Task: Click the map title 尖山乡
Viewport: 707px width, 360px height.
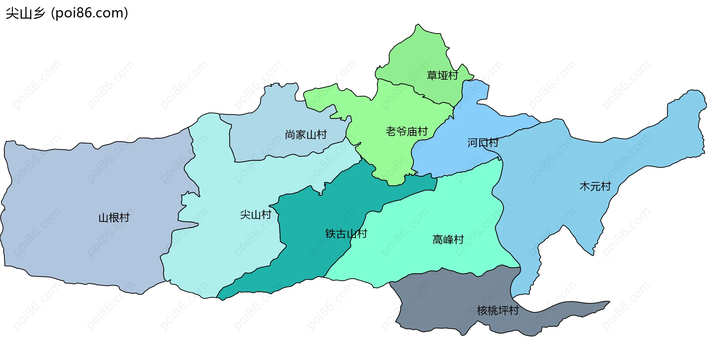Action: (x=25, y=13)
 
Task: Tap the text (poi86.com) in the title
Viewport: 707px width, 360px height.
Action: (x=89, y=13)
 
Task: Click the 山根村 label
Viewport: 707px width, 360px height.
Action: (x=114, y=218)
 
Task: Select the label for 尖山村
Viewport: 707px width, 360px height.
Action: (x=256, y=214)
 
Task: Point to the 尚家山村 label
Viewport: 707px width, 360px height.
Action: (x=306, y=135)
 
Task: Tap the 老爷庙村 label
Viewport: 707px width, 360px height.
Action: (x=407, y=131)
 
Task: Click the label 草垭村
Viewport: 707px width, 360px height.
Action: (x=442, y=76)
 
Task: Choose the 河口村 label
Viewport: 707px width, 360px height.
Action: (x=483, y=143)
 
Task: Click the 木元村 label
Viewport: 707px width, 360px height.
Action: (x=595, y=186)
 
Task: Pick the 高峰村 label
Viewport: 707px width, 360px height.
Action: (x=448, y=240)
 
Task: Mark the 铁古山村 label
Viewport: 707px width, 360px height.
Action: (x=346, y=234)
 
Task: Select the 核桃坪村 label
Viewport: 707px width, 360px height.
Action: (x=497, y=311)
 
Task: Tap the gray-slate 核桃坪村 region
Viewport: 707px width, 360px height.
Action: (x=442, y=302)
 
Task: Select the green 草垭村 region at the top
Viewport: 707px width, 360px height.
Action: (x=420, y=52)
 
